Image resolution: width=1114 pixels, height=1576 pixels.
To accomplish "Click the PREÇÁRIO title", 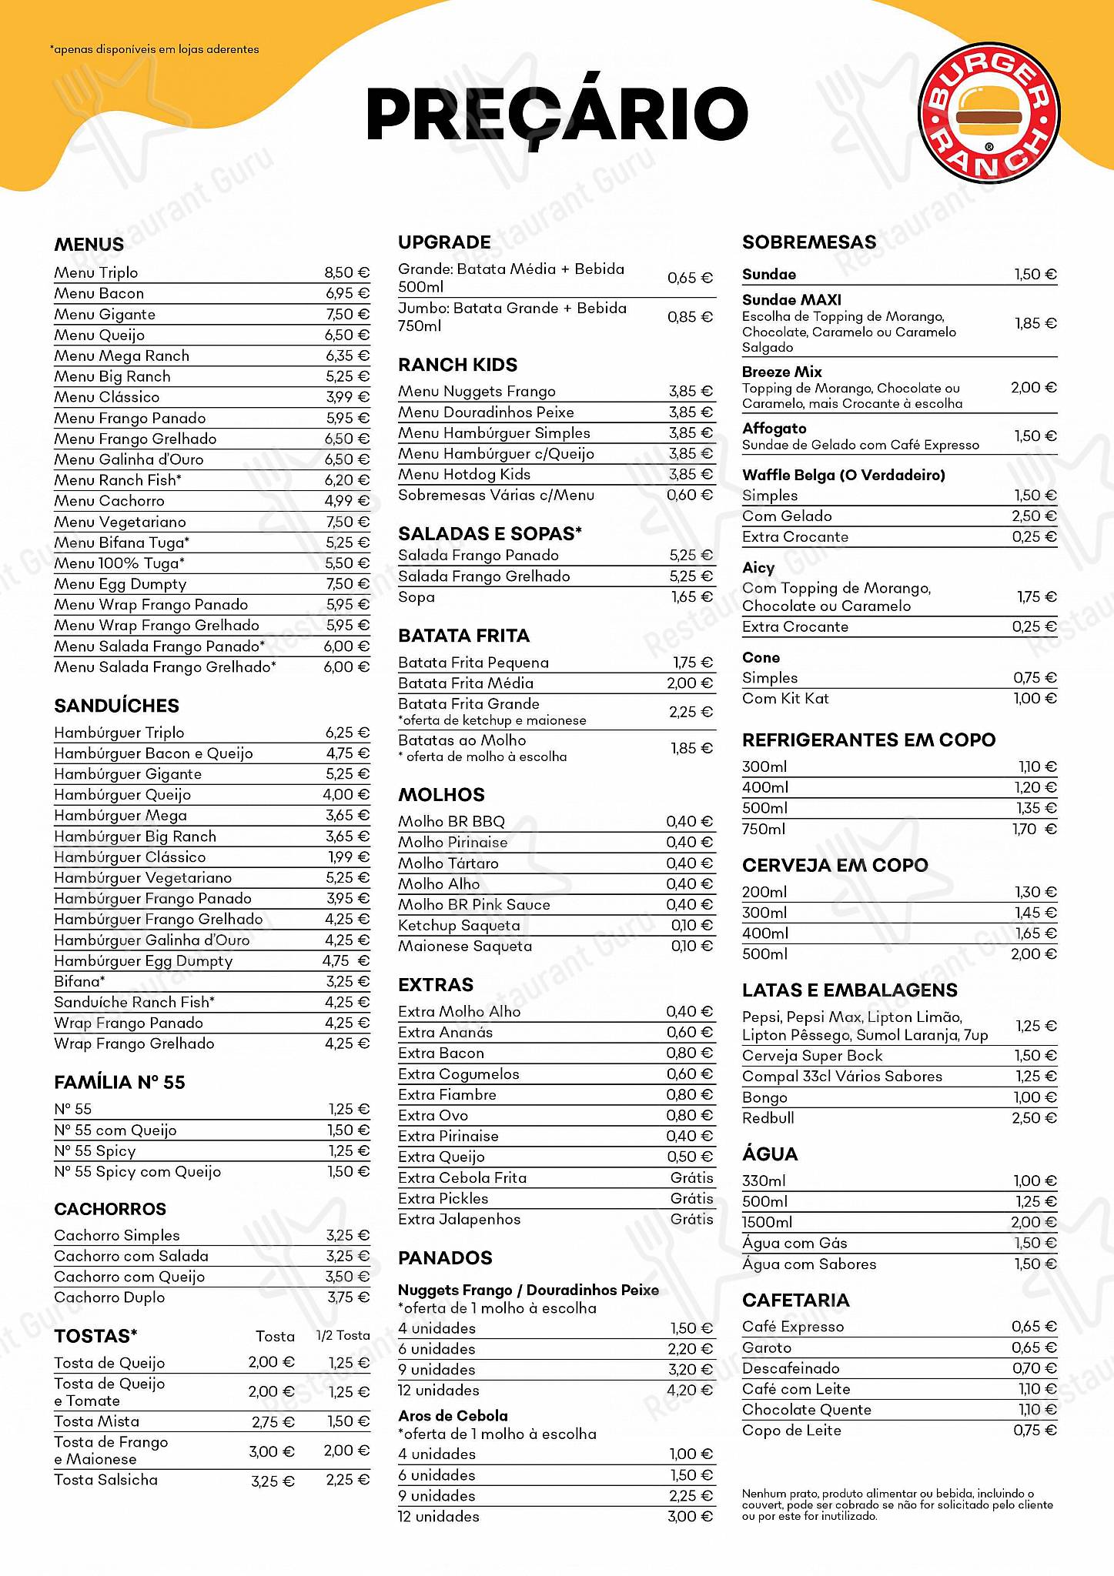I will [557, 114].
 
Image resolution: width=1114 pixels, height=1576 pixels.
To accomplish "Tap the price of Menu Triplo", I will [346, 272].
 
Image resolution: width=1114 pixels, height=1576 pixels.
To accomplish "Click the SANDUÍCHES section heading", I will [116, 706].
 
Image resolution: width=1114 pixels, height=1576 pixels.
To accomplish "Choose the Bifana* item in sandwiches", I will [79, 981].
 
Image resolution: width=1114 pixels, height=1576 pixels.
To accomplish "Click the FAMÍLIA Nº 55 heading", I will [119, 1082].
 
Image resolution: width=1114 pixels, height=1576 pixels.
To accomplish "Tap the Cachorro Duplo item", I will [109, 1297].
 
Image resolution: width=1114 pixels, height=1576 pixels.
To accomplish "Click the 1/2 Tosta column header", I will [343, 1336].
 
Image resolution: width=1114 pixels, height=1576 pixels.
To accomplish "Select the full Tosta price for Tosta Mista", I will [273, 1422].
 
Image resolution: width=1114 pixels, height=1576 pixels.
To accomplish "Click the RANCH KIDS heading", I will [457, 365].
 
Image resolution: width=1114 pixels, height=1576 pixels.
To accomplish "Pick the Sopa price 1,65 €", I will [691, 596].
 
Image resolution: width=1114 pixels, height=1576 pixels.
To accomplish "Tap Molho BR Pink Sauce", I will [473, 904].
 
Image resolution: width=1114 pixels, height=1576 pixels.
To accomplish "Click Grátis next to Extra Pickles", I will [691, 1198].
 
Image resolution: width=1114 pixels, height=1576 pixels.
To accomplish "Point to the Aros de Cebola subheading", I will [453, 1416].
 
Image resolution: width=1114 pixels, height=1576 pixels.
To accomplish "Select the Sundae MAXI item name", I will [791, 300].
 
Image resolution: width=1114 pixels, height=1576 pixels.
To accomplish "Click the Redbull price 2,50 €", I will [1034, 1117].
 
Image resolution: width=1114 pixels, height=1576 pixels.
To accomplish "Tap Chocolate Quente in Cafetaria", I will [806, 1409].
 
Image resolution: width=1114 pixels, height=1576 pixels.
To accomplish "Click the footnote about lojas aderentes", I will [154, 49].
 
